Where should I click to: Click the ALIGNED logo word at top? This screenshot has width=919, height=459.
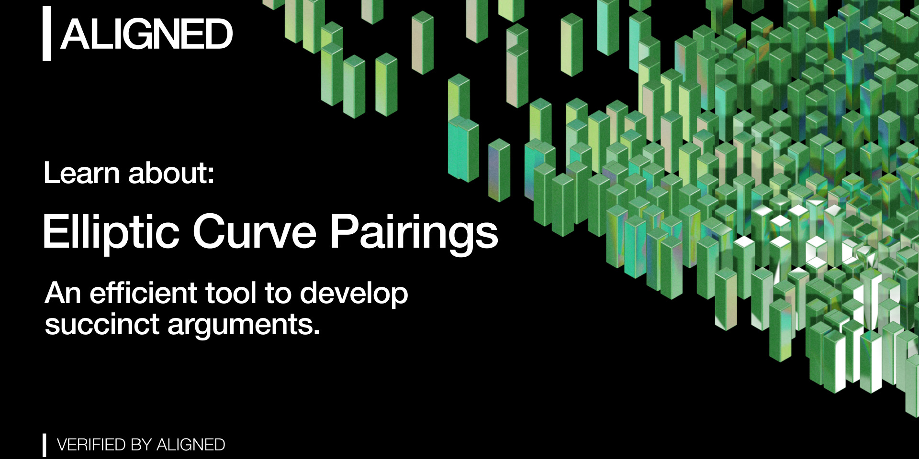coord(146,34)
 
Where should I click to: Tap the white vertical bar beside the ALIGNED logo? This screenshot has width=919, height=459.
coord(47,33)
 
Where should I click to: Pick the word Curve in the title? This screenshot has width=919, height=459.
coord(254,232)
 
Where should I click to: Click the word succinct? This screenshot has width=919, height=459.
coord(102,325)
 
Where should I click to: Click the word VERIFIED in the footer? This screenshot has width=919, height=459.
coord(91,445)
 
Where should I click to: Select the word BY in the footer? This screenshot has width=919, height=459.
coord(141,445)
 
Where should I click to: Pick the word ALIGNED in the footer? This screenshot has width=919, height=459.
coord(191,445)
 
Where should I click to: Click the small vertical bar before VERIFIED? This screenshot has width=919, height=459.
coord(45,445)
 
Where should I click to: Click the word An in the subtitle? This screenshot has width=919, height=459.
coord(62,293)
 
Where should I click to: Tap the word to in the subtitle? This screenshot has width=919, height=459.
coord(278,293)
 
